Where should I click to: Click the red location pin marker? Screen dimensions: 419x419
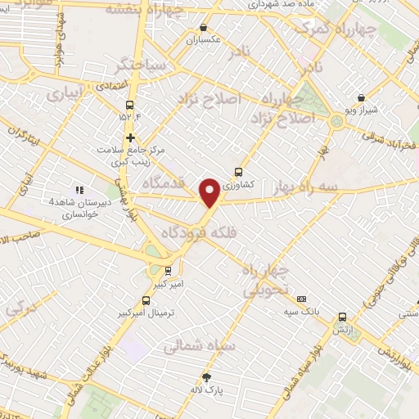(210, 191)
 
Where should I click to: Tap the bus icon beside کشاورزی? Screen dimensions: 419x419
(238, 173)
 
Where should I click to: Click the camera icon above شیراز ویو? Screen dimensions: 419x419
(361, 97)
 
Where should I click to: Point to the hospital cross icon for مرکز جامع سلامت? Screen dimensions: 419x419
(130, 137)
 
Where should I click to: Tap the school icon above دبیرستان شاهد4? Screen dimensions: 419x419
(79, 190)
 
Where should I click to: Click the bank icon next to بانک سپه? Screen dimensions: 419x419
(301, 300)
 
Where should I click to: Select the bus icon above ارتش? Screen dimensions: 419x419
(342, 317)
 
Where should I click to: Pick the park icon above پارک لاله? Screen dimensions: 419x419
(206, 377)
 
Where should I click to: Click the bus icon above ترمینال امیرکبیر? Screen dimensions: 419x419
(146, 300)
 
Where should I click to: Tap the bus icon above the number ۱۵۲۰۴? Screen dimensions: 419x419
(129, 104)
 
